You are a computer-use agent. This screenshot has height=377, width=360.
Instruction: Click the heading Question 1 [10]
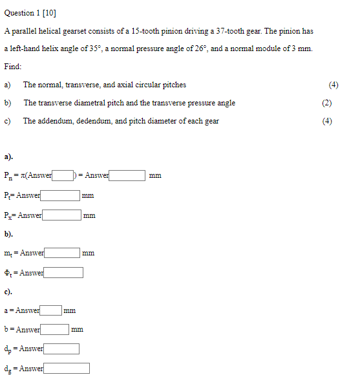click(30, 13)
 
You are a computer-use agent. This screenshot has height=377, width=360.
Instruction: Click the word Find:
click(12, 67)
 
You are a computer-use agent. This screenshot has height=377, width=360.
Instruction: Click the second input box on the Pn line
click(127, 175)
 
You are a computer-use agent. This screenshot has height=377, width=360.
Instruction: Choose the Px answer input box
click(61, 215)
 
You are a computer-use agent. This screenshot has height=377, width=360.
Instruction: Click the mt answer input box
click(62, 253)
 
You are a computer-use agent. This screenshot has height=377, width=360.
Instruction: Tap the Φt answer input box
click(63, 273)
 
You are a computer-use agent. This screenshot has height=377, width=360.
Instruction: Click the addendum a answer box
click(51, 310)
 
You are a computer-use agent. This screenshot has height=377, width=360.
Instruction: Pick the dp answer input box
click(61, 349)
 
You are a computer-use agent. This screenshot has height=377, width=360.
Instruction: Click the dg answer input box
click(67, 369)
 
